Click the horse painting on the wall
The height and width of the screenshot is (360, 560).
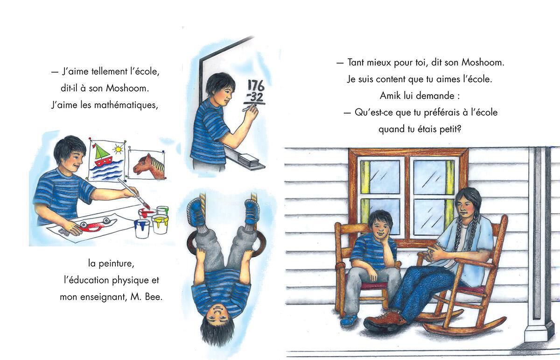pos(149,165)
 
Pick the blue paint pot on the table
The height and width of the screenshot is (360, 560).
pos(142,228)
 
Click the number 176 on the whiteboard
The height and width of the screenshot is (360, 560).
pos(255,85)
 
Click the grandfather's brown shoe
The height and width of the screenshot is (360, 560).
pos(384,321)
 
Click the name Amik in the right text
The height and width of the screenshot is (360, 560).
pos(390,95)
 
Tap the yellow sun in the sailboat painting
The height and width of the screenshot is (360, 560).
pos(118,149)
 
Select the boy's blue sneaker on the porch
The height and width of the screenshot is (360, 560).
pos(349,320)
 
